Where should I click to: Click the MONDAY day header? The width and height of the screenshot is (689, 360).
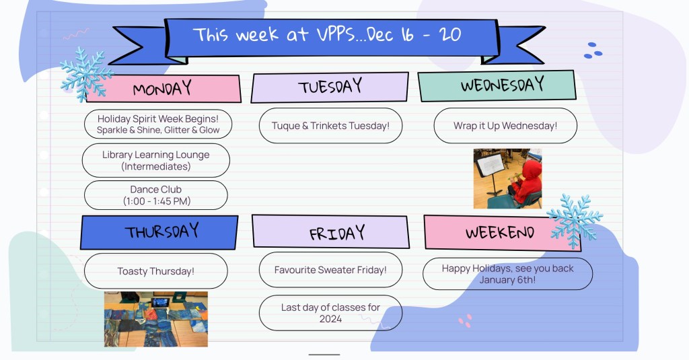coord(164,89)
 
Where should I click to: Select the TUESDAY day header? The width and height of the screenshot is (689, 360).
coord(330,87)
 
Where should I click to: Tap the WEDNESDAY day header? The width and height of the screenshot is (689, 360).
coord(497,85)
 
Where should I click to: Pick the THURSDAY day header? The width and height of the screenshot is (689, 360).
coord(159,232)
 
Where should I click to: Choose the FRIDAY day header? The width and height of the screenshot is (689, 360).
coord(330,231)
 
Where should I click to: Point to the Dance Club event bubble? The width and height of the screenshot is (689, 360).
coord(156,195)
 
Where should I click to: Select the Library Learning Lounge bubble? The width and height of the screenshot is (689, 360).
coord(156,160)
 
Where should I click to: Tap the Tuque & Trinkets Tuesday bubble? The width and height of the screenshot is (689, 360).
coord(330,126)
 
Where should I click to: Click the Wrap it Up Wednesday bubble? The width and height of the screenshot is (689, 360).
coord(505,126)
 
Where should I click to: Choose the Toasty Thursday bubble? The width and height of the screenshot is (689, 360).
coord(156,271)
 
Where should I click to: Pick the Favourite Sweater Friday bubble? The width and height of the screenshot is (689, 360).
coord(330,270)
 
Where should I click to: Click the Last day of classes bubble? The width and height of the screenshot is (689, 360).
coord(330,313)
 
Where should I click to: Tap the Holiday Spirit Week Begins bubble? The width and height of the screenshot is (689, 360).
coord(158,124)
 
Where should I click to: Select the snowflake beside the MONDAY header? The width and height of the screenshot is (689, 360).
coord(86,75)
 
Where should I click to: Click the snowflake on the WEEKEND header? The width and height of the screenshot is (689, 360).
coord(575,221)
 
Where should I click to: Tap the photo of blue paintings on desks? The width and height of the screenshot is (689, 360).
coord(156,319)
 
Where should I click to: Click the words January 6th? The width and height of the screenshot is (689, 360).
coord(507,280)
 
